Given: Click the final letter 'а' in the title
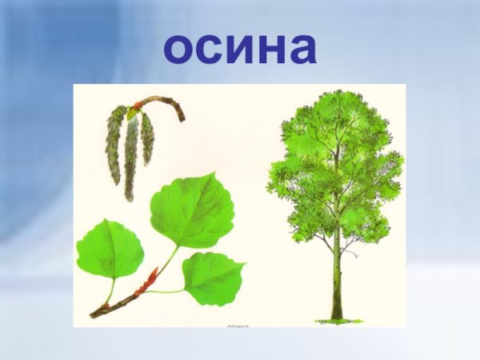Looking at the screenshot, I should click(x=303, y=50).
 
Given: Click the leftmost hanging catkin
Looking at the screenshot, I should click(x=114, y=144).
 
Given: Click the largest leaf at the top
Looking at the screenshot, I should click(x=192, y=210).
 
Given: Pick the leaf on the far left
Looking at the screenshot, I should click(x=109, y=248).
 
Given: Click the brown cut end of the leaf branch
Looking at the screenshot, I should click(x=94, y=314).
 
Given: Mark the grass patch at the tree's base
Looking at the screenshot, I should click(x=337, y=320).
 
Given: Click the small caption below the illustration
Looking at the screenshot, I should click(x=239, y=326).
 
